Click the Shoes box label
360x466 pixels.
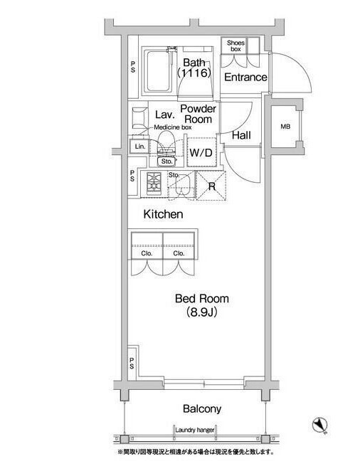tap(235, 46)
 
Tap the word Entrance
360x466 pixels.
tap(245, 78)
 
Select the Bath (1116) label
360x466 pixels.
tap(194, 68)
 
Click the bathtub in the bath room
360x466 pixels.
tap(157, 71)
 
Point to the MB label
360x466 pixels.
tap(285, 127)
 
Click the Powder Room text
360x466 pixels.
tap(198, 114)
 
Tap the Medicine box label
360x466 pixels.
tap(173, 127)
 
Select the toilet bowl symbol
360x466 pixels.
tap(166, 142)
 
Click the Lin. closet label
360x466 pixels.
tap(140, 147)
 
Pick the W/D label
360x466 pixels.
tap(201, 153)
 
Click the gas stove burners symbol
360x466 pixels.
tap(154, 181)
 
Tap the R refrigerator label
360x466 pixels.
tap(211, 186)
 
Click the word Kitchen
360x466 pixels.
tap(163, 214)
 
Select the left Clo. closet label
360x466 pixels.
tap(147, 253)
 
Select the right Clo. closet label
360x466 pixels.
tap(179, 253)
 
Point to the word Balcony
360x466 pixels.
tap(202, 409)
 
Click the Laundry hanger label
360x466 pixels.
tap(195, 430)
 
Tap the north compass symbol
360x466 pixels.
tap(320, 425)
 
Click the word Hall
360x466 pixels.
tap(241, 135)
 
